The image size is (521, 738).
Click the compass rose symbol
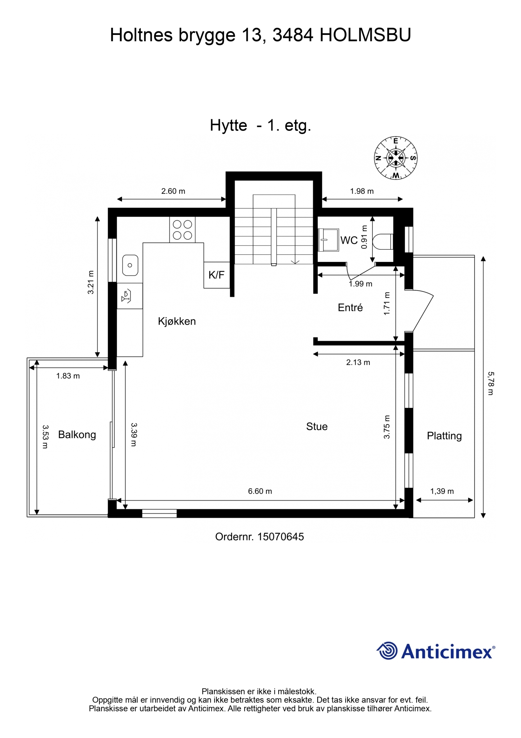click(396, 158)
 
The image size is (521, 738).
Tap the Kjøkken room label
click(177, 321)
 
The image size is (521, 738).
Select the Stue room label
click(317, 426)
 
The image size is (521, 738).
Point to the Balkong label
click(77, 435)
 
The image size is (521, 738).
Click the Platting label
click(444, 436)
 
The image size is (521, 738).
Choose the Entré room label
click(350, 307)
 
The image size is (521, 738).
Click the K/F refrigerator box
click(217, 275)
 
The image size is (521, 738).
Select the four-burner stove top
click(183, 230)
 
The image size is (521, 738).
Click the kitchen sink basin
click(130, 265)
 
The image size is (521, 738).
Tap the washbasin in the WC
click(328, 240)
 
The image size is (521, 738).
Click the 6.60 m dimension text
click(260, 491)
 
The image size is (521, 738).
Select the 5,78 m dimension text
click(490, 383)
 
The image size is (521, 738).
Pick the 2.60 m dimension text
click(173, 191)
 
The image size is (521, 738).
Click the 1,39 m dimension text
click(442, 491)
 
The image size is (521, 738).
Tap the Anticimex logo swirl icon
click(387, 651)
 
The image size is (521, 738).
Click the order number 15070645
click(281, 537)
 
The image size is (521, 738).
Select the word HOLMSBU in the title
click(365, 35)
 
